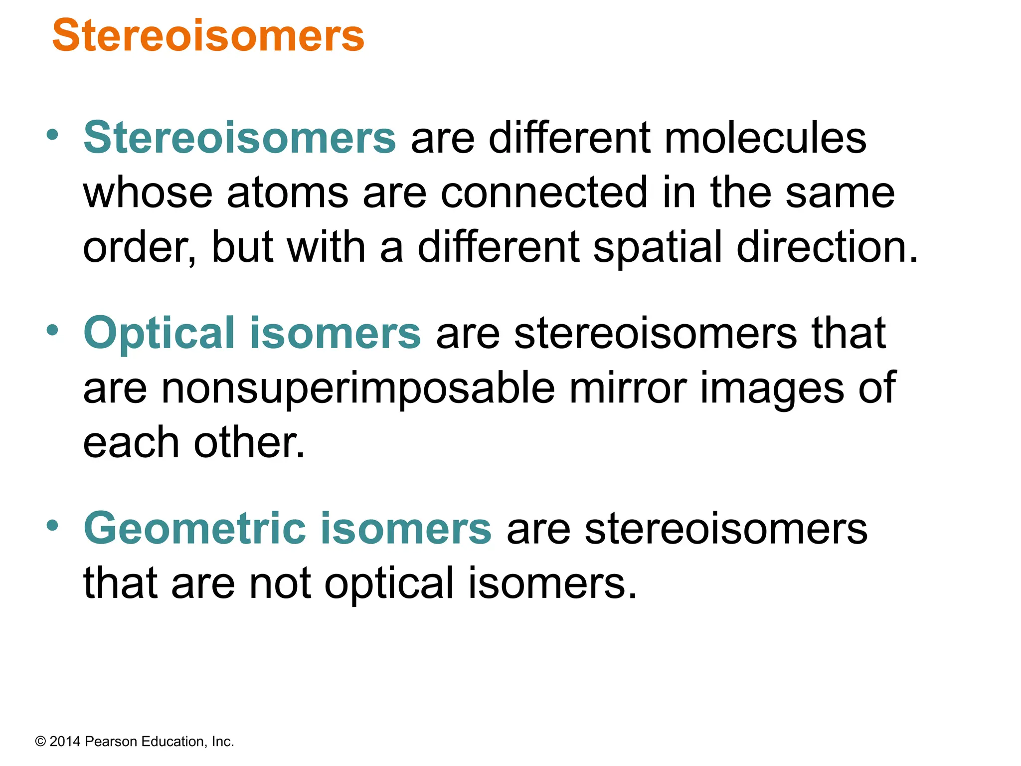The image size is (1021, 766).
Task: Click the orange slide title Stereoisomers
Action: [208, 35]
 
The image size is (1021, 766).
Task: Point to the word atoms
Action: [287, 193]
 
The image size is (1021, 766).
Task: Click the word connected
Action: [544, 193]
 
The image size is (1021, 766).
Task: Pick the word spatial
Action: [657, 248]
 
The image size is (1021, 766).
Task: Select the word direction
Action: [827, 248]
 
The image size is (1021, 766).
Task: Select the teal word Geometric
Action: [195, 529]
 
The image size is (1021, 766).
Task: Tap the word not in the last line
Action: [280, 583]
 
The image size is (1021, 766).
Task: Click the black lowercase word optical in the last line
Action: [389, 584]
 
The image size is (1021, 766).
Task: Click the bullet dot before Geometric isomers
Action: [52, 525]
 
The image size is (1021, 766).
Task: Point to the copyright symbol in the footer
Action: [40, 742]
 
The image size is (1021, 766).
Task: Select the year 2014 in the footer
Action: [65, 742]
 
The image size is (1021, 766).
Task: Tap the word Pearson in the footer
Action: [111, 742]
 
